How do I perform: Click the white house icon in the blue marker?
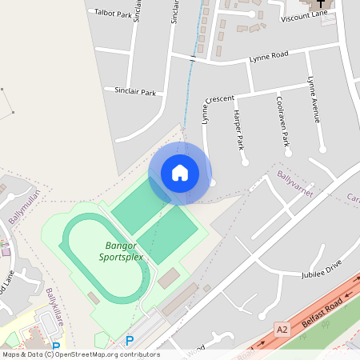180,173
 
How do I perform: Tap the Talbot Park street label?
113,14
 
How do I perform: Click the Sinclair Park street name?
135,91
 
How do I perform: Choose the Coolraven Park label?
282,121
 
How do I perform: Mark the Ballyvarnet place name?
295,183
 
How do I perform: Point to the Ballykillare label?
54,308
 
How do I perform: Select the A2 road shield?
282,328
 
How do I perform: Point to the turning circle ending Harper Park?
246,162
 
